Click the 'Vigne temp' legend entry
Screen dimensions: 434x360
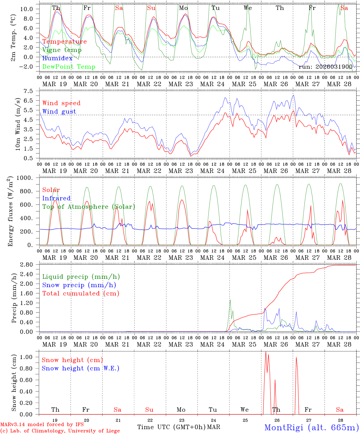tap(62, 50)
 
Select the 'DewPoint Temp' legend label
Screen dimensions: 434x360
tap(69, 67)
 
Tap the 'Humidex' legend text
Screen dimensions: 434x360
tap(57, 58)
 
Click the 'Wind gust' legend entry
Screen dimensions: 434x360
tap(59, 112)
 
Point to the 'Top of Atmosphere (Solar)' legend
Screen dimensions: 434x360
tap(89, 207)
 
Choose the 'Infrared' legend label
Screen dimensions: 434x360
tap(56, 198)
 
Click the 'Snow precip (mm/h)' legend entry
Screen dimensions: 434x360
tap(79, 285)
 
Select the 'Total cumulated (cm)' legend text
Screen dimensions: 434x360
tap(81, 293)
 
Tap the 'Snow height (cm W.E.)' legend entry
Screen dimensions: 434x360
tap(81, 368)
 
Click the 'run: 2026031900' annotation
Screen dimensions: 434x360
tap(325, 67)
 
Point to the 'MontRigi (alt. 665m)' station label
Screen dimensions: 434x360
tap(311, 427)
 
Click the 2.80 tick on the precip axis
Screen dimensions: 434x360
tap(28, 265)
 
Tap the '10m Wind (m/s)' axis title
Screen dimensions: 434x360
tap(18, 124)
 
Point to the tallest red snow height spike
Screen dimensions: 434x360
tap(266, 352)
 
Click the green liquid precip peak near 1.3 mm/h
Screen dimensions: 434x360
tap(230, 300)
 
